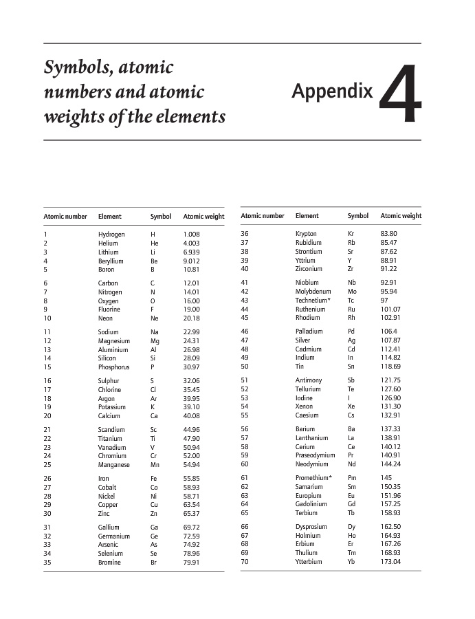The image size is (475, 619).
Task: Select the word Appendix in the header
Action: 332,91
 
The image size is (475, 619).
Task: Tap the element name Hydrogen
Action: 111,235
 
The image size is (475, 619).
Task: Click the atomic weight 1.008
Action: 191,235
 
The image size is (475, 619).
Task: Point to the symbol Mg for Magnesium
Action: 155,341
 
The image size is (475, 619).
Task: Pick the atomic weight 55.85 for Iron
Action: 191,479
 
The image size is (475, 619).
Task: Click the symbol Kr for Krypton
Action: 351,234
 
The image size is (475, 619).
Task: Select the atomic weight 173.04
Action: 390,562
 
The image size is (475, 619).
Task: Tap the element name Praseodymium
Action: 316,455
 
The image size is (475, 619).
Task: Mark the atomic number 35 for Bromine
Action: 47,563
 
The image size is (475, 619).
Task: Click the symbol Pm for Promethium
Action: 353,478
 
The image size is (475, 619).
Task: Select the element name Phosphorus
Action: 113,367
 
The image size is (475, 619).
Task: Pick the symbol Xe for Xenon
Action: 351,406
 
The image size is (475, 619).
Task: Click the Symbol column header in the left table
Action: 161,217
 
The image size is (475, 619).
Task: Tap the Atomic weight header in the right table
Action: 401,216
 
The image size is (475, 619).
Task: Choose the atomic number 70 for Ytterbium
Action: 245,562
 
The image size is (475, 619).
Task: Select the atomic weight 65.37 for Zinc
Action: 191,514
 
